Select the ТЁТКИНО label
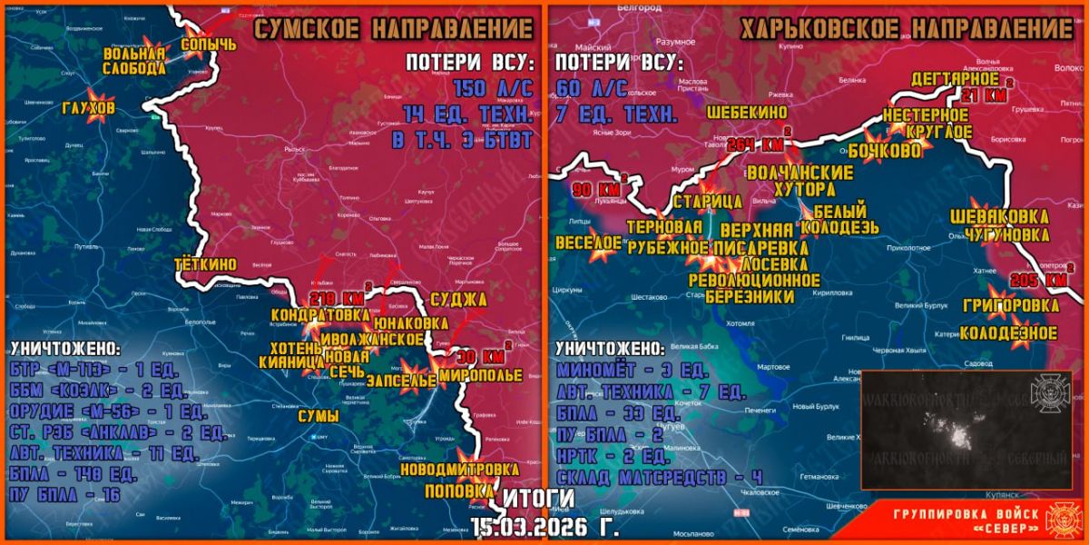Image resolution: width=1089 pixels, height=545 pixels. coord(207,264)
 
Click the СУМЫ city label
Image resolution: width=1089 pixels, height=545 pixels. coord(318,417)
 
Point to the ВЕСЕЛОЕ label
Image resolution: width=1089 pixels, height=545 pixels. coord(589,243)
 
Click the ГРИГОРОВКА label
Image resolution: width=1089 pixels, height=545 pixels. coord(1012,304)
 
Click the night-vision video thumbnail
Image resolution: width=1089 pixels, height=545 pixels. coord(966,430)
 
